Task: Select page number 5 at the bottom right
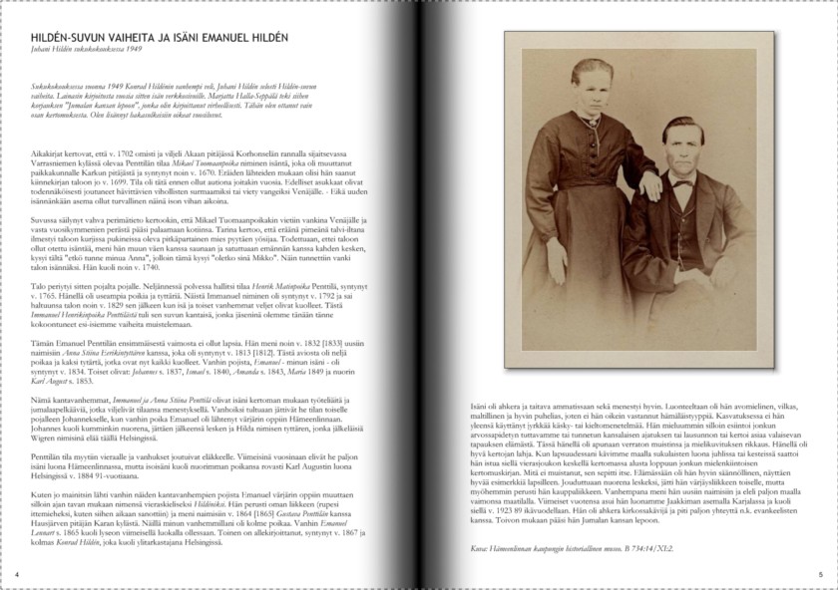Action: pyautogui.click(x=820, y=575)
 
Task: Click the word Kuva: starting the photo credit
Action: pyautogui.click(x=479, y=546)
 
